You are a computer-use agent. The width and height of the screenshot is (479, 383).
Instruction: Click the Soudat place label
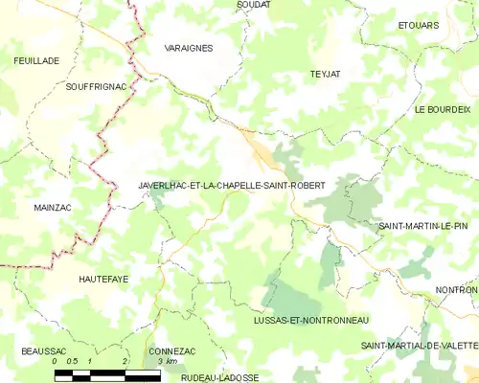(254, 5)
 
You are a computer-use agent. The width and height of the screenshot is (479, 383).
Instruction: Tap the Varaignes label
(189, 47)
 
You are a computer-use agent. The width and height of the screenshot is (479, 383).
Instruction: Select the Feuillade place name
(36, 60)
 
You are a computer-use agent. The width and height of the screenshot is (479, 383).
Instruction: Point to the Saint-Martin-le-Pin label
(422, 226)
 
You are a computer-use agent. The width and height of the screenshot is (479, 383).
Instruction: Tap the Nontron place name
(457, 289)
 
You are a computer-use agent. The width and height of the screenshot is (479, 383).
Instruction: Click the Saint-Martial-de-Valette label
(419, 345)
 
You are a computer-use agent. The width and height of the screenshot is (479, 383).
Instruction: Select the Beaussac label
(41, 351)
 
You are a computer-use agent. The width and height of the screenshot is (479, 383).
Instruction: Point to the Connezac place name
(172, 351)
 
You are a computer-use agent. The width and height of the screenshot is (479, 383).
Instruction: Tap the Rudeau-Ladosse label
(219, 377)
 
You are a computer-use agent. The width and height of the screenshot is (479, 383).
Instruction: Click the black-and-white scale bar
(107, 376)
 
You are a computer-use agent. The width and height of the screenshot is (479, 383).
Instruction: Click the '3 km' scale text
(167, 362)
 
